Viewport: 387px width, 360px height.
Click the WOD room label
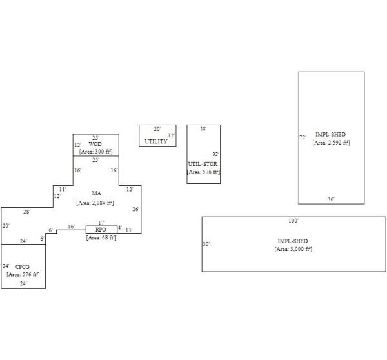[x=95, y=144]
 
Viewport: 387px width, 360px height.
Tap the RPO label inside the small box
[x=101, y=230]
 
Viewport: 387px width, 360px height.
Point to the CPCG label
[x=23, y=267]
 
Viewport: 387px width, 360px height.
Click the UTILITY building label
[x=156, y=141]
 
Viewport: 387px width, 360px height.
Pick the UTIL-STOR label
[x=203, y=164]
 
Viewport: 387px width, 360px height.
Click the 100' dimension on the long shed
[x=293, y=221]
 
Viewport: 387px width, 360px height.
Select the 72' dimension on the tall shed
[x=303, y=137]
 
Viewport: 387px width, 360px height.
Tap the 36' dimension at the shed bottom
[x=331, y=199]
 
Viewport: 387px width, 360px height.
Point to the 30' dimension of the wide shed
[x=206, y=244]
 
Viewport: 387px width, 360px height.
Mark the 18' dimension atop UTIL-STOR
[x=203, y=128]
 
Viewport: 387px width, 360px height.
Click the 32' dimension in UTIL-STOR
[x=215, y=154]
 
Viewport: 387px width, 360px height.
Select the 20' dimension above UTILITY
[x=157, y=129]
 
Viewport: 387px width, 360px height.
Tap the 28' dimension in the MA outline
[x=26, y=212]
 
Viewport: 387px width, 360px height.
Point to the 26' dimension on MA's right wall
[x=135, y=209]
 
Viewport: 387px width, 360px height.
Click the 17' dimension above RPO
[x=101, y=223]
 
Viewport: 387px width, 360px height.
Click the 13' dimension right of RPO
[x=129, y=230]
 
